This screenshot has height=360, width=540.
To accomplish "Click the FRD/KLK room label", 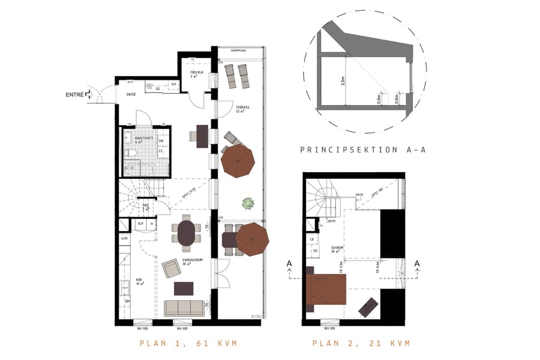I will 197,73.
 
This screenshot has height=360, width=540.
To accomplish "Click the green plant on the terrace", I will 246,203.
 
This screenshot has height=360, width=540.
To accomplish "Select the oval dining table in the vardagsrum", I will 187,233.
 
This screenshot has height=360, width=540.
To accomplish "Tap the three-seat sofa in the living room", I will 184,308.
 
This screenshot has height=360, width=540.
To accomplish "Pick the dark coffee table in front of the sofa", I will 184,289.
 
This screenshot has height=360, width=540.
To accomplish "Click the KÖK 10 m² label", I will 139,281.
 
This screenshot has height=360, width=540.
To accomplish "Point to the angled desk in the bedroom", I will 368,307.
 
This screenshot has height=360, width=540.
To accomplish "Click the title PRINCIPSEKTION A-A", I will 362,150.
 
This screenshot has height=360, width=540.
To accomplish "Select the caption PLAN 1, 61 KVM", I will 188,343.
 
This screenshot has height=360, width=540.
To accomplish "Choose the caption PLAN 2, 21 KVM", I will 361,343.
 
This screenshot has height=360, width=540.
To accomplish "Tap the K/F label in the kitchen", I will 141,224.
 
